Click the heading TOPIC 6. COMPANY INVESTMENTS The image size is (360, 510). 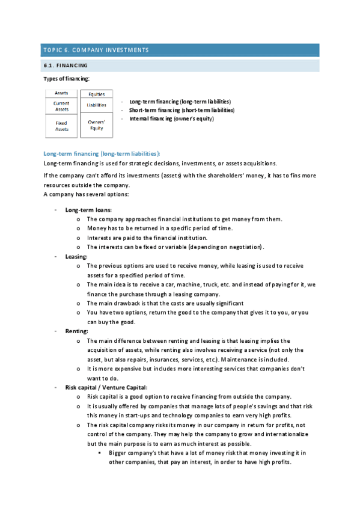[x=95, y=50]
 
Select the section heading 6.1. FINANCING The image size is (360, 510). [x=66, y=65]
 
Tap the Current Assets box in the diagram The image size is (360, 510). [x=61, y=106]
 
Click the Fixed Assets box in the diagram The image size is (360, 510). [x=61, y=126]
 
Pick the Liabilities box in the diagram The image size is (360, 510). [x=96, y=105]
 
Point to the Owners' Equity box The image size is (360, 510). [x=96, y=126]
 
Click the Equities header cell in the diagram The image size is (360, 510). [x=96, y=94]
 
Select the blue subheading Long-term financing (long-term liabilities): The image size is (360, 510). [x=102, y=153]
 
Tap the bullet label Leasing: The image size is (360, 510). [x=76, y=257]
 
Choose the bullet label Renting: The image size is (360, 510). [x=76, y=331]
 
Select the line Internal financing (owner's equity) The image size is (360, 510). [x=171, y=118]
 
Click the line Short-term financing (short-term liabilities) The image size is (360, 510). [x=182, y=110]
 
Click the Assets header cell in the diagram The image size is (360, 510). [x=61, y=93]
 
